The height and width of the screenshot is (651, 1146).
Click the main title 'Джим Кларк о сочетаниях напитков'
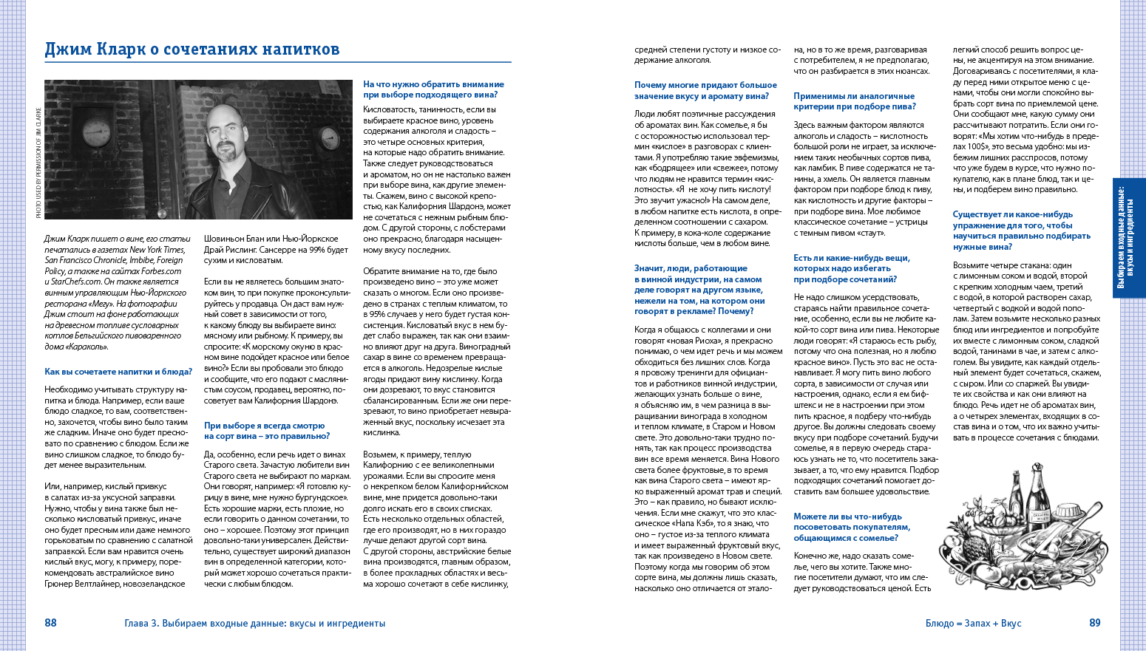coord(192,50)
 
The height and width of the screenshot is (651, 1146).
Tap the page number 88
coord(50,623)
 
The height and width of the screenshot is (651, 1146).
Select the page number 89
coord(1095,623)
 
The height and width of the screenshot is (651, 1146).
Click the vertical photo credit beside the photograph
coord(38,163)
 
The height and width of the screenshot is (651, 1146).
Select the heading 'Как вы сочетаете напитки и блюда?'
coord(118,372)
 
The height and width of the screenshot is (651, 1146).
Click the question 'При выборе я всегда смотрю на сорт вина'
coord(266,431)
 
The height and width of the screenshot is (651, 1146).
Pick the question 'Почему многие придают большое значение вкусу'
coord(705,90)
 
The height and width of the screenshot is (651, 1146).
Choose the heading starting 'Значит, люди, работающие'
coord(699,290)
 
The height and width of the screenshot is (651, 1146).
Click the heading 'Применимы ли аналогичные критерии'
coord(854,101)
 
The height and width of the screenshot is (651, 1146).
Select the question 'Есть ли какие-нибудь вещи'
coord(852,268)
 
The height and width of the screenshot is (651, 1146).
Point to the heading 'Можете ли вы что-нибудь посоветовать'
coord(852,527)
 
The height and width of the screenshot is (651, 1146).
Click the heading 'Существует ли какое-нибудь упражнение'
coord(1021,231)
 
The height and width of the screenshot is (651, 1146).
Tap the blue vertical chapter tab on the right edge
coord(1128,237)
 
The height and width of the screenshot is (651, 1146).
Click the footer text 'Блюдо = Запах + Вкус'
coord(973,624)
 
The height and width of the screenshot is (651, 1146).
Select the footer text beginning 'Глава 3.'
coord(255,624)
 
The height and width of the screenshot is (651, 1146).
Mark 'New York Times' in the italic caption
coord(157,250)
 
